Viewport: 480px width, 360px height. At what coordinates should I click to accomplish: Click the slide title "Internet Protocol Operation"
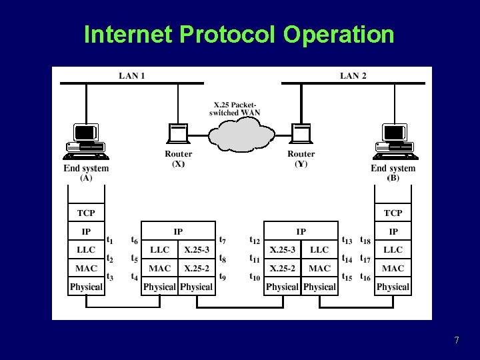click(x=239, y=34)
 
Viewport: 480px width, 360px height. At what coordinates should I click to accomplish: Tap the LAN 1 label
click(x=131, y=75)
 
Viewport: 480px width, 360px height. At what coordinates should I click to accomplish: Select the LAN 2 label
click(x=353, y=75)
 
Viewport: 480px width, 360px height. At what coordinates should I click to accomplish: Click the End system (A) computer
click(x=85, y=141)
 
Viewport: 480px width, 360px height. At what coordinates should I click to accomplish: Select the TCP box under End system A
click(x=86, y=213)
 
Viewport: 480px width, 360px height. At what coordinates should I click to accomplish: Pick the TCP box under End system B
click(x=393, y=213)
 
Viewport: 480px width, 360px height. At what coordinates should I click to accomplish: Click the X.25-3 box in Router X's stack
click(x=197, y=250)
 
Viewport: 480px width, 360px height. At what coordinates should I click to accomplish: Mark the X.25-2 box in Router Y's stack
click(x=283, y=269)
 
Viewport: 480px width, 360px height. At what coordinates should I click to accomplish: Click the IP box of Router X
click(x=178, y=231)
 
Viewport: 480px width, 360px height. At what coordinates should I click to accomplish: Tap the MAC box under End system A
click(x=86, y=269)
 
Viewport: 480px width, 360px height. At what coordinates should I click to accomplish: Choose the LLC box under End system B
click(x=393, y=250)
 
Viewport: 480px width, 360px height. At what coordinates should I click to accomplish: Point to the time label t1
click(x=109, y=240)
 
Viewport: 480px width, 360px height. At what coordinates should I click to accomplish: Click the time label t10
click(x=255, y=277)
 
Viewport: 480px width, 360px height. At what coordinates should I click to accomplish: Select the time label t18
click(x=365, y=240)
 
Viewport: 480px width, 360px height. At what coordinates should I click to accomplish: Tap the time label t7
click(x=223, y=240)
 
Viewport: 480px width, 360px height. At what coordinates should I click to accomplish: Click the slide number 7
click(x=456, y=341)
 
